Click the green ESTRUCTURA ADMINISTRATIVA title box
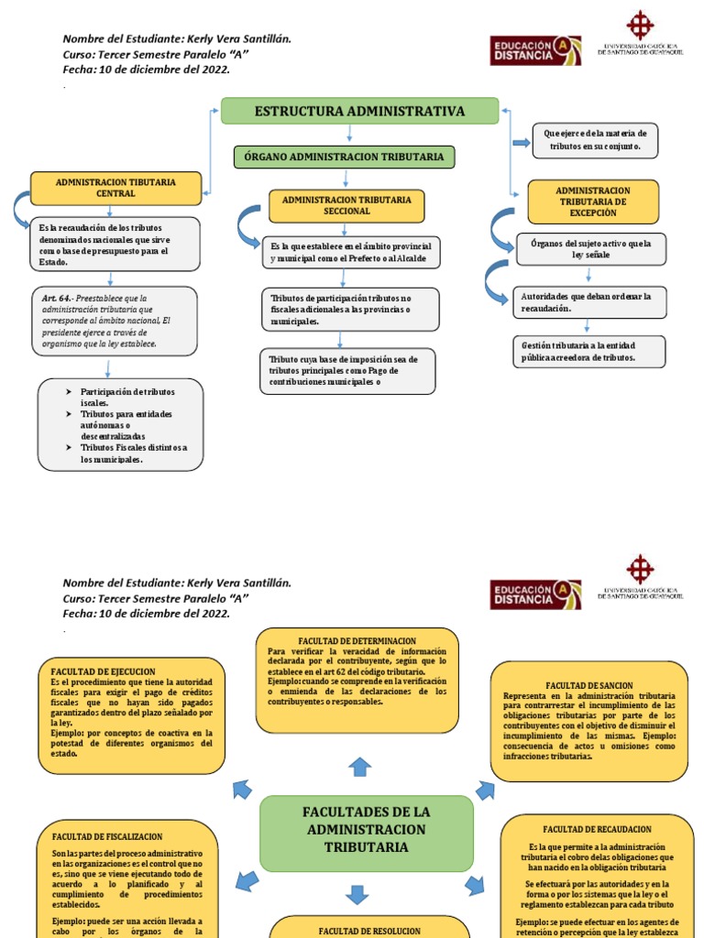359,111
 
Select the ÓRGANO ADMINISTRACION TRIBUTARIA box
344,157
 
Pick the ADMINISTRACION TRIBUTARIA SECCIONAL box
346,205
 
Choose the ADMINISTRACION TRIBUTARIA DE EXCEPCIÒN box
592,202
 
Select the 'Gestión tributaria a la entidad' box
589,352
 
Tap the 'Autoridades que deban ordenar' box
589,302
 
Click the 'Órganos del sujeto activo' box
591,249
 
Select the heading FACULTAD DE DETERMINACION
357,640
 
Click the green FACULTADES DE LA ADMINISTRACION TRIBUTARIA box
367,830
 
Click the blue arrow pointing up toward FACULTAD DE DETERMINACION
360,766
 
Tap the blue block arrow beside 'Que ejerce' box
521,142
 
